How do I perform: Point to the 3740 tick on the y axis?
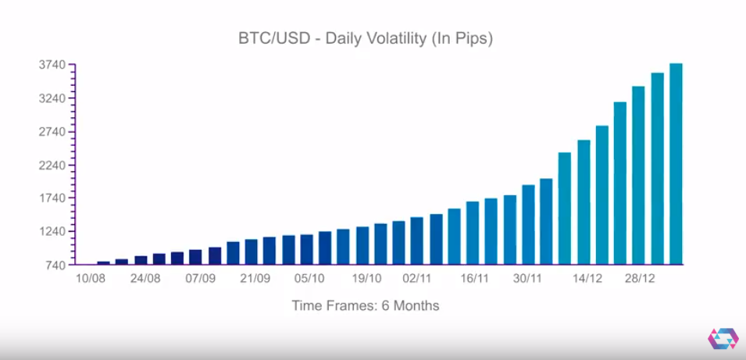(54, 65)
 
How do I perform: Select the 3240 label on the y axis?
(54, 98)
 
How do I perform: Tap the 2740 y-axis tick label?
(54, 132)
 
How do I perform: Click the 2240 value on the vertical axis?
(54, 166)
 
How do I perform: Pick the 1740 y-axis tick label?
(54, 198)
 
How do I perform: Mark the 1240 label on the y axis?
(54, 232)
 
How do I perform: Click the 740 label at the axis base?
(57, 266)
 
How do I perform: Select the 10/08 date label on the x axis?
(90, 279)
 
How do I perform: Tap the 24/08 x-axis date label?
(145, 279)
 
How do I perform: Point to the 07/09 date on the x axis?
(201, 279)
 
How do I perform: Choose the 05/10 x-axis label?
(310, 279)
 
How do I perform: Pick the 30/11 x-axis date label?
(527, 279)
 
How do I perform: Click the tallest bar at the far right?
(676, 164)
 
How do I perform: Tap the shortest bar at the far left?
(103, 262)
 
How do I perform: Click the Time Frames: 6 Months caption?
(366, 306)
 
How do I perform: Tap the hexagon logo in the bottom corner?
(723, 338)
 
